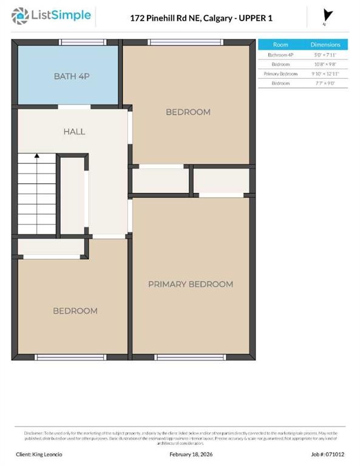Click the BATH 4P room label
pyautogui.click(x=72, y=76)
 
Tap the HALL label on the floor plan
pyautogui.click(x=74, y=131)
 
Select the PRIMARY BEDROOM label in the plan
pyautogui.click(x=191, y=284)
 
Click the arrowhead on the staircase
pyautogui.click(x=37, y=157)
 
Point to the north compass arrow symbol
pyautogui.click(x=328, y=16)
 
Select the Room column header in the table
pyautogui.click(x=280, y=45)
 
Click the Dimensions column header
pyautogui.click(x=325, y=45)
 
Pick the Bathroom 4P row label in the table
pyautogui.click(x=280, y=55)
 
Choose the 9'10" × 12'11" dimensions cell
pyautogui.click(x=325, y=73)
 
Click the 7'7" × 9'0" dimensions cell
pyautogui.click(x=325, y=83)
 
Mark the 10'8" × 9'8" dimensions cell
pyautogui.click(x=325, y=64)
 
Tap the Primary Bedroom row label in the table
pyautogui.click(x=280, y=73)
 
